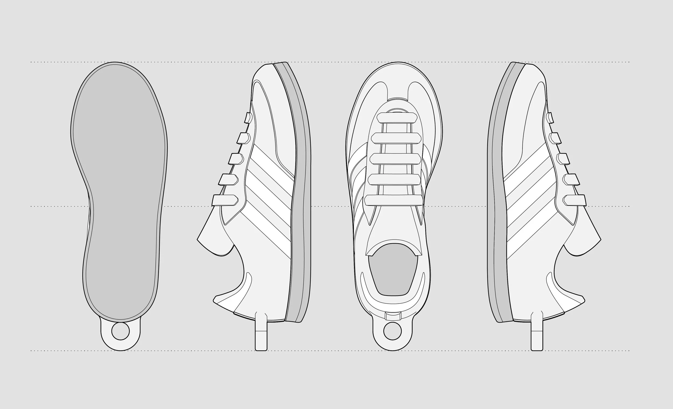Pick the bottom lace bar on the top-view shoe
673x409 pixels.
pyautogui.click(x=394, y=200)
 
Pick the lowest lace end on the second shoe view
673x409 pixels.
pyautogui.click(x=225, y=200)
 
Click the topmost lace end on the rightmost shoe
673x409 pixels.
pyautogui.click(x=550, y=117)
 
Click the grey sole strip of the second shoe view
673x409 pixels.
pyautogui.click(x=300, y=191)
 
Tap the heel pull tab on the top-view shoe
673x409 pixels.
pyautogui.click(x=392, y=317)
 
